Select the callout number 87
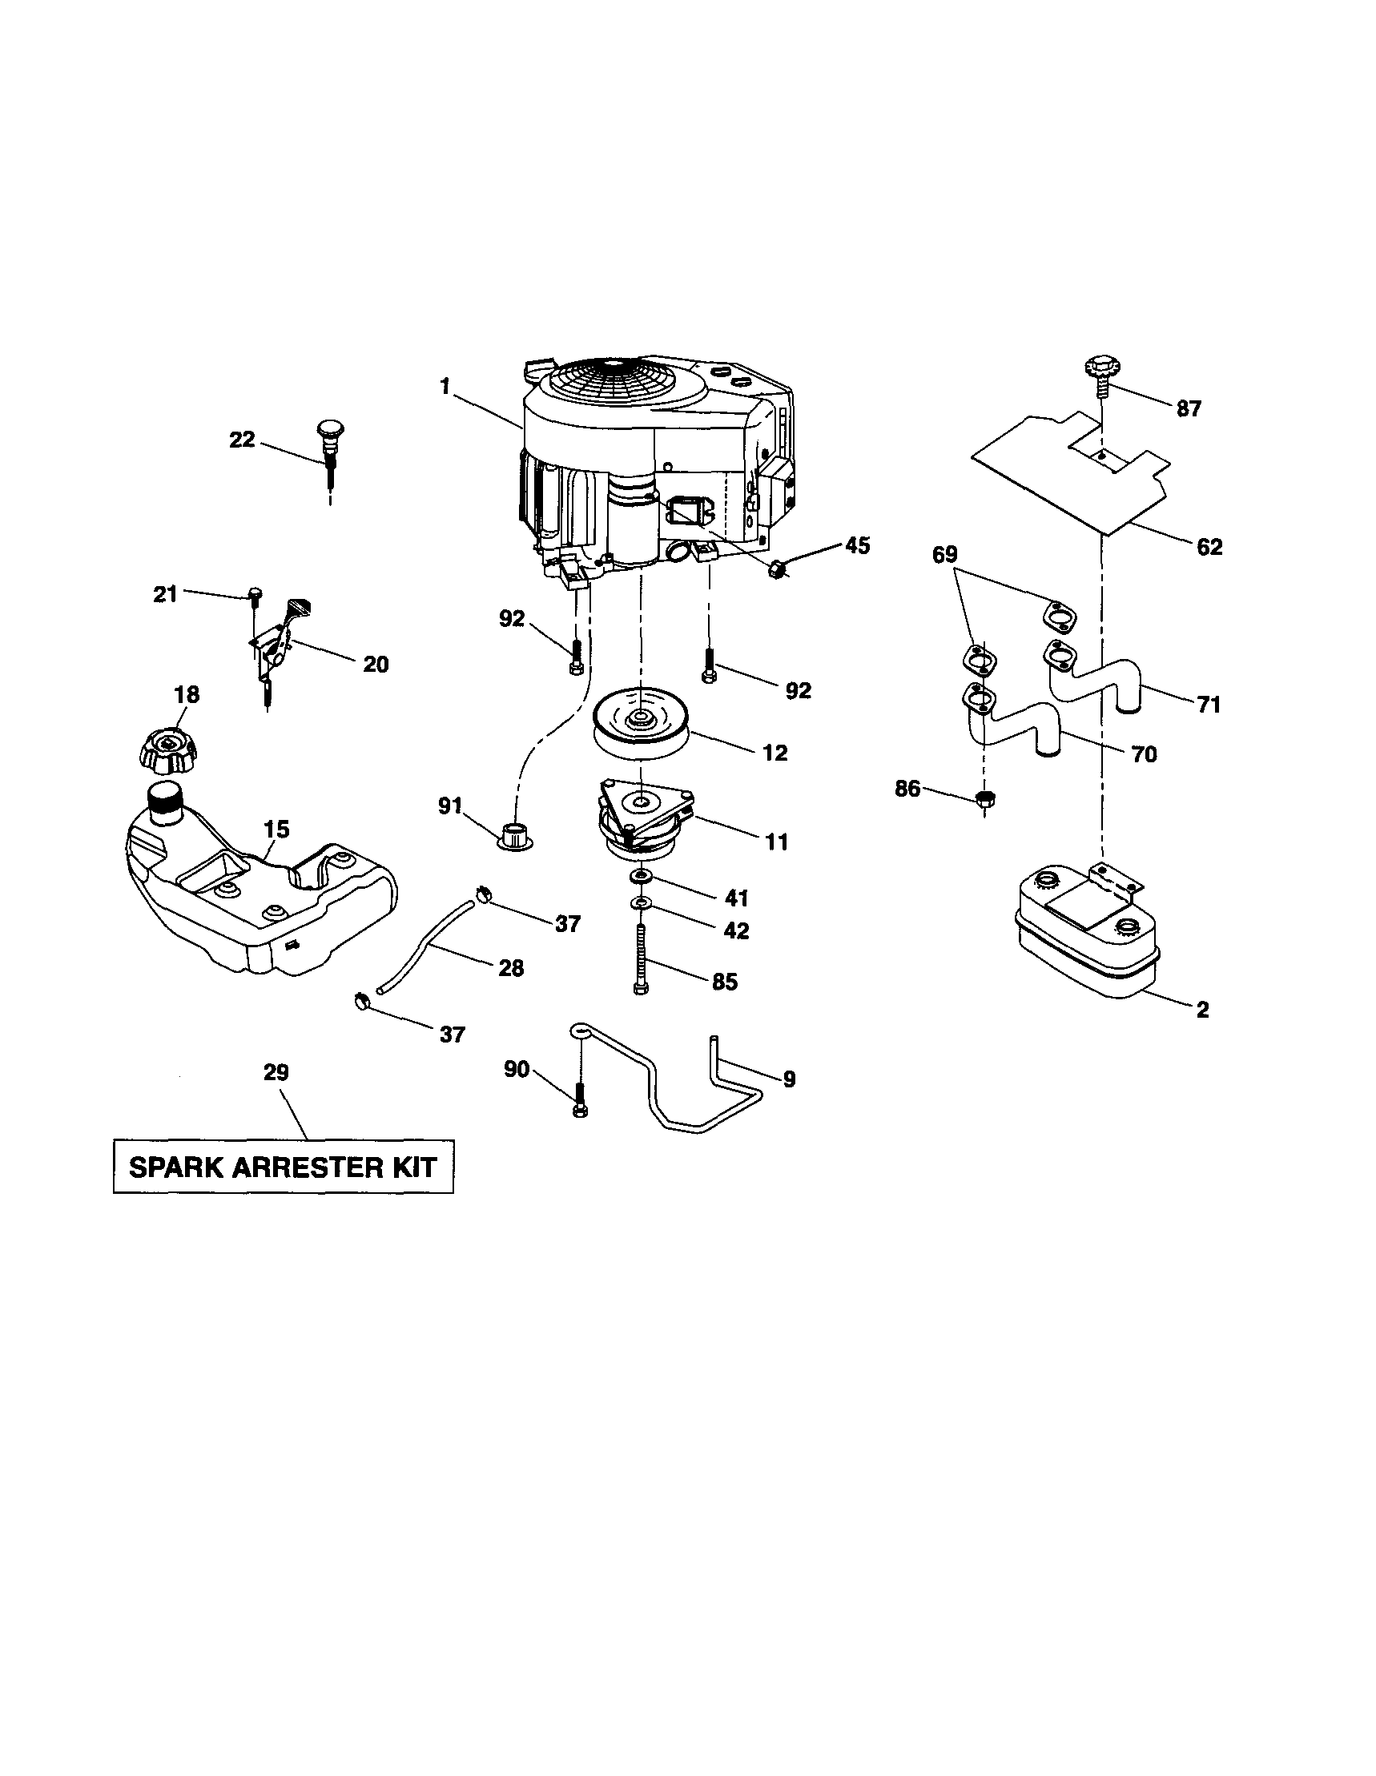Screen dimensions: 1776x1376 (1188, 409)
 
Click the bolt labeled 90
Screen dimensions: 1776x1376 (579, 1099)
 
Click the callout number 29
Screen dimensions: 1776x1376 (276, 1073)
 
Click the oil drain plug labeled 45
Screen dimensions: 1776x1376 (777, 570)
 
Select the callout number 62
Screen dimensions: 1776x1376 (1209, 547)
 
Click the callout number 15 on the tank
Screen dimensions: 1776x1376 (276, 830)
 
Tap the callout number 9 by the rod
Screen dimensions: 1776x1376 (789, 1079)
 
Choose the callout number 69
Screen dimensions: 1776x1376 (945, 555)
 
